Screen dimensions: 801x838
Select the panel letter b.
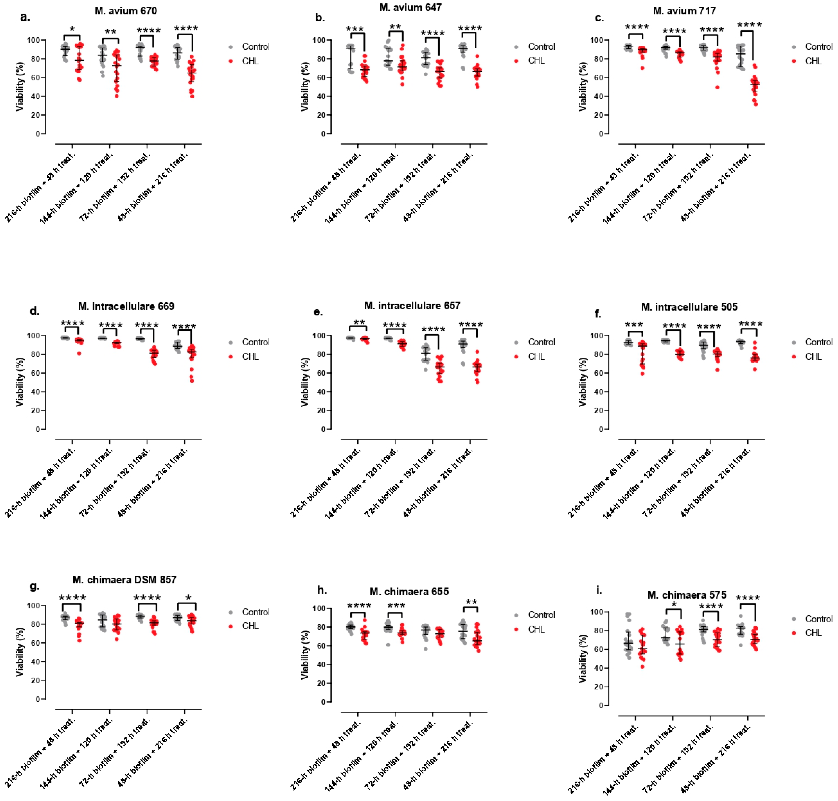(x=319, y=17)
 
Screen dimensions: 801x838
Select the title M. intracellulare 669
(x=126, y=306)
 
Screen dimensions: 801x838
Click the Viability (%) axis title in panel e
(x=305, y=382)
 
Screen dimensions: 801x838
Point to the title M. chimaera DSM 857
(x=124, y=579)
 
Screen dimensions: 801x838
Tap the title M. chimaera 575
(x=687, y=595)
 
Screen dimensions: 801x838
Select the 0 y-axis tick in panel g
(x=38, y=699)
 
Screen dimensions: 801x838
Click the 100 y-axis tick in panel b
(x=319, y=40)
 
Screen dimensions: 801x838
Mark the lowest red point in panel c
(x=755, y=104)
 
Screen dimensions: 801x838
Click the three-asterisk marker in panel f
(x=634, y=325)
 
